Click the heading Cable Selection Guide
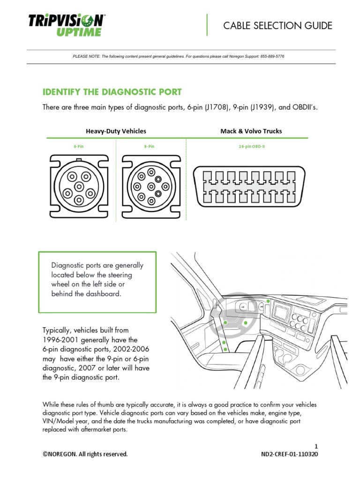tap(277, 26)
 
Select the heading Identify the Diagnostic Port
tap(112, 92)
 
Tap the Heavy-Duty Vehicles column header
tap(116, 131)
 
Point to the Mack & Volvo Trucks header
tap(251, 131)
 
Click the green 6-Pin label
tap(79, 147)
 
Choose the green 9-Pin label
tap(149, 147)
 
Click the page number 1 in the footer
tap(316, 446)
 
